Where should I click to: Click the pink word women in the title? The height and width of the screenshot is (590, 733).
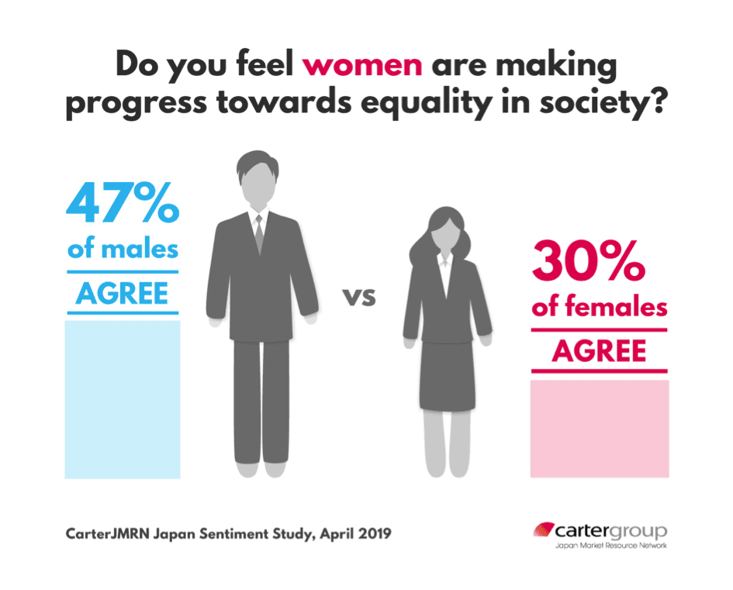362,65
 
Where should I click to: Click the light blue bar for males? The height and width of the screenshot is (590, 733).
123,399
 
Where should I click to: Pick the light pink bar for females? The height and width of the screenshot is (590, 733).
599,428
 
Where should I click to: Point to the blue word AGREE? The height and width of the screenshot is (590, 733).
123,294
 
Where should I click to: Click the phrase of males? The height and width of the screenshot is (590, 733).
123,250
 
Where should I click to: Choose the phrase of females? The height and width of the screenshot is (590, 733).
599,307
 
